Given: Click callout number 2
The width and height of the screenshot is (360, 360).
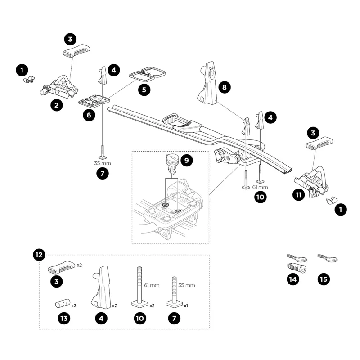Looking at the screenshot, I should [56, 105].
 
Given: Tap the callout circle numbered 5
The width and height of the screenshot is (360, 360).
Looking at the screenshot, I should [144, 90].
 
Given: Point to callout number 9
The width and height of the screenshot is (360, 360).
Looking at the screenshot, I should [186, 159].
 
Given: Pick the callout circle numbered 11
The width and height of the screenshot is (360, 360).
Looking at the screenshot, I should [297, 194].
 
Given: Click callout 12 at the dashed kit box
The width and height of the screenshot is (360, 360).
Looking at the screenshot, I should [39, 255].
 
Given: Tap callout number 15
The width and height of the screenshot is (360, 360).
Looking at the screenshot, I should [323, 279].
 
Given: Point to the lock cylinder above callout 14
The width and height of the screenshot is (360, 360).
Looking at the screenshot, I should [297, 268].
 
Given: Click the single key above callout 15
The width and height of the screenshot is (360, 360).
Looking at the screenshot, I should [328, 258].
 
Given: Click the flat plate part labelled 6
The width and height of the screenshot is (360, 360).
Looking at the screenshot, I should [94, 100].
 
